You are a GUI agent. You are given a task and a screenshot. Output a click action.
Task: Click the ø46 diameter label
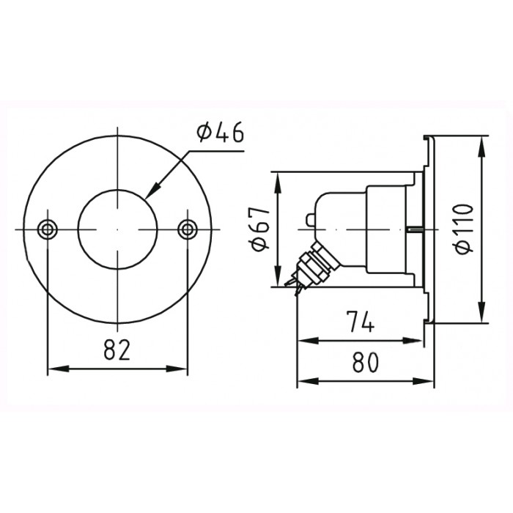(x=220, y=133)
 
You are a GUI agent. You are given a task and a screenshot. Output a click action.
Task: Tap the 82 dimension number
(x=117, y=349)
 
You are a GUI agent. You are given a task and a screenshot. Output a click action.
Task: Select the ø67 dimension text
(x=260, y=229)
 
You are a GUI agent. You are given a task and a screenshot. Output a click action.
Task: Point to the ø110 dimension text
(x=464, y=229)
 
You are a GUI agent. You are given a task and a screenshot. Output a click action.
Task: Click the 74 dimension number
(x=360, y=321)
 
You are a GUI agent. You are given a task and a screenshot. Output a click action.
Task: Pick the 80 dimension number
(x=366, y=362)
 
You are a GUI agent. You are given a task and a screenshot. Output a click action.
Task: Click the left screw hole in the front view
(x=48, y=229)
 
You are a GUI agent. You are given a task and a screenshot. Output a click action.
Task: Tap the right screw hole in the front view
(x=188, y=229)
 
